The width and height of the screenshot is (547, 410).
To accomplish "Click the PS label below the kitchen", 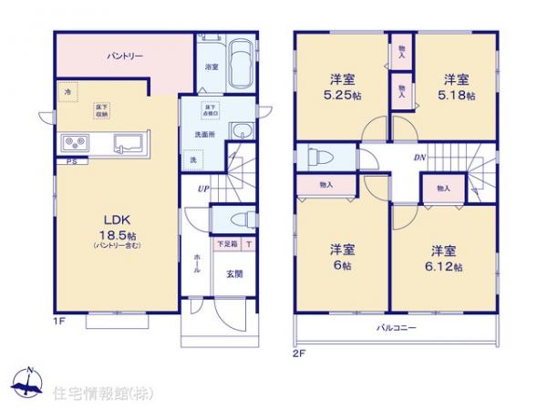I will pyautogui.click(x=69, y=161).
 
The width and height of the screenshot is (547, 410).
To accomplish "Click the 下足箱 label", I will pyautogui.click(x=225, y=245).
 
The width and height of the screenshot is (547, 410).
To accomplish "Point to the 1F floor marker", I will pyautogui.click(x=59, y=321).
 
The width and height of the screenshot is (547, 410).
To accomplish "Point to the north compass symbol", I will pyautogui.click(x=29, y=384).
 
